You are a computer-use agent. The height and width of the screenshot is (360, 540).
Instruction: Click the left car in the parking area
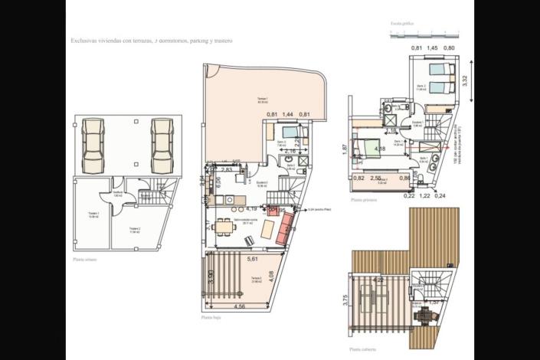coord(93,145)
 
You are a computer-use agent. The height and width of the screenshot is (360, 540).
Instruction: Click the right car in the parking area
coord(161,145)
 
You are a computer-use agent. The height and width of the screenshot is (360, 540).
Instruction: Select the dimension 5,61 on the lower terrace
coord(253,260)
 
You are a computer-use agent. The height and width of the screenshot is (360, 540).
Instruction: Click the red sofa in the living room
coord(286,227)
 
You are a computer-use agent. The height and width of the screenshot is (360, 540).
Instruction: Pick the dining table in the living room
coord(223,227)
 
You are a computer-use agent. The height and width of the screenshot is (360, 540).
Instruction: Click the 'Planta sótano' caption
coord(84,260)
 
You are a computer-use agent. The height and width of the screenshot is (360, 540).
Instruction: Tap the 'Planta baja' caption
coord(211,316)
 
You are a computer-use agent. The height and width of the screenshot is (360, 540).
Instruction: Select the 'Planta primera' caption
coord(364,200)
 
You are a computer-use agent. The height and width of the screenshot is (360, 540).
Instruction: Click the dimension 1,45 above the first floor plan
coord(434,48)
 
